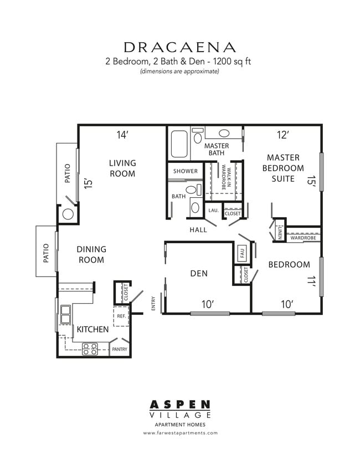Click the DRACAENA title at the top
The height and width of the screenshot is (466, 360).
pos(180,47)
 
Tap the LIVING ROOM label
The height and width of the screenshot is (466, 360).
pos(122,168)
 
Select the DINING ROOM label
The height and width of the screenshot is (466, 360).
pos(91,254)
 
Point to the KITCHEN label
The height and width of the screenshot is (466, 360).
pos(92,329)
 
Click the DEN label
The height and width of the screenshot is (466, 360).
pos(198,273)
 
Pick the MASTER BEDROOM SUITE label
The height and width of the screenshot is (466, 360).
pos(283,168)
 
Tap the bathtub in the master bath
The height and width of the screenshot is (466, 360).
pos(179,144)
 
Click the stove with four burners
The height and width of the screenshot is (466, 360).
pos(90,349)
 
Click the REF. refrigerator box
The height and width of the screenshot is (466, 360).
pos(121,316)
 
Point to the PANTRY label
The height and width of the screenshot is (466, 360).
pos(120,350)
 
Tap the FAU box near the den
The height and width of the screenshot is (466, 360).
pos(242,253)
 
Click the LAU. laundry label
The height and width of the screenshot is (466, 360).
pos(213,211)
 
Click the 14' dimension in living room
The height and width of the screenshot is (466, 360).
pos(122,135)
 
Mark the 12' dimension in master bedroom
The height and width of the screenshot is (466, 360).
pos(283,135)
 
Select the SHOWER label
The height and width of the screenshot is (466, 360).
pos(185,171)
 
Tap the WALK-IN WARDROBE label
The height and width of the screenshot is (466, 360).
pos(224,177)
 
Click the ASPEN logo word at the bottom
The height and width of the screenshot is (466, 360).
pos(180,404)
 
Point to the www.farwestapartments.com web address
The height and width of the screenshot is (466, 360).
pos(180,433)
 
